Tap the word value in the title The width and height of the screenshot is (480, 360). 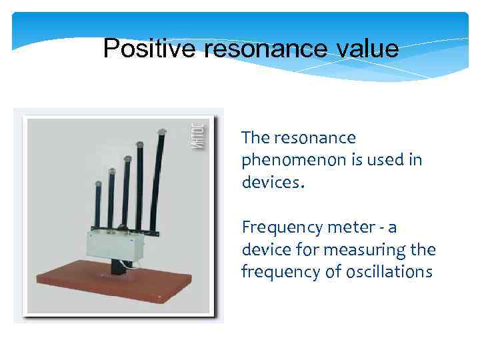point(365,49)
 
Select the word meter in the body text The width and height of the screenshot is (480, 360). point(347,228)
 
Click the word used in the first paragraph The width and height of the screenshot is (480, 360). point(387,161)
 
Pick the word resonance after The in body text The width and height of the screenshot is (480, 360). point(319,138)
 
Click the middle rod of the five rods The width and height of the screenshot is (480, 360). point(125,193)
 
